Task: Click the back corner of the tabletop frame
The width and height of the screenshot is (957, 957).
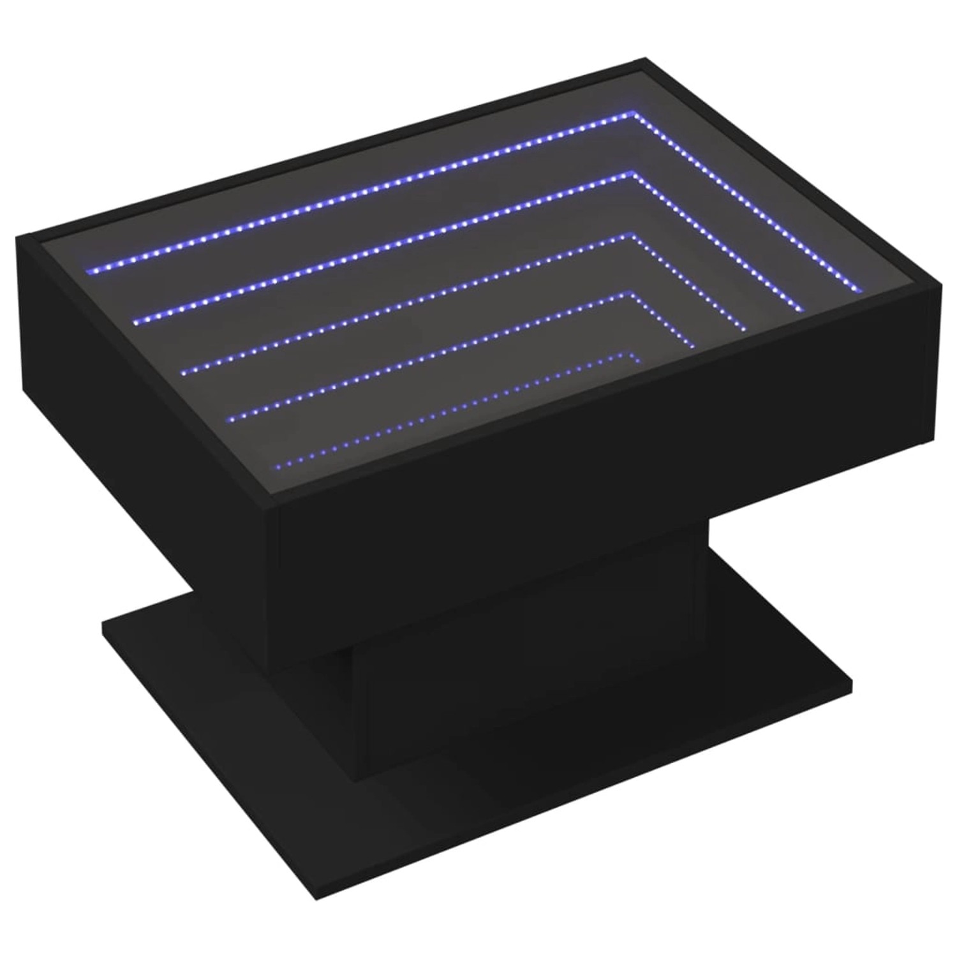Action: [x=640, y=61]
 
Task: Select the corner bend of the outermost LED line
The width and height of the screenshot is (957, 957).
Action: [x=635, y=114]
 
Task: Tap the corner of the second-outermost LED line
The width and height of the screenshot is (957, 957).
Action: [x=634, y=172]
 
